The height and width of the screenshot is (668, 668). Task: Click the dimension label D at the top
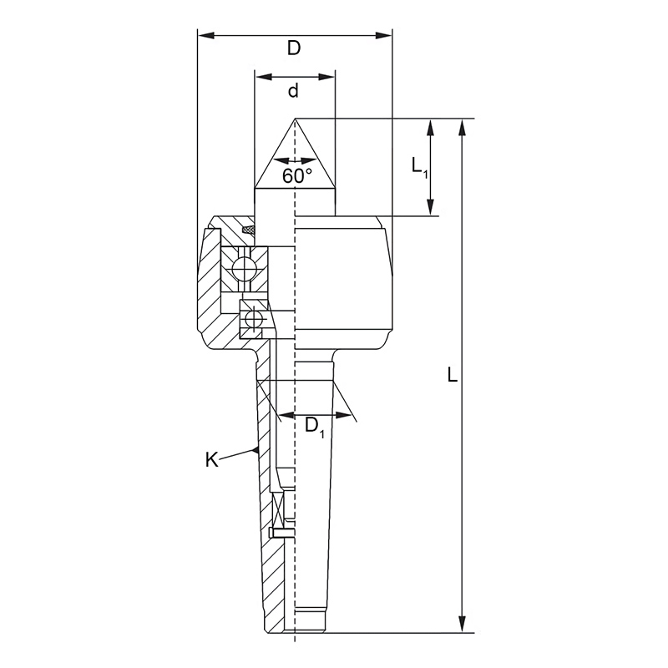[294, 48]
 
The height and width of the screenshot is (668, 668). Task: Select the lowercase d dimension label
[294, 91]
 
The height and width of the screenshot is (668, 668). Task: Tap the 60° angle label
[297, 176]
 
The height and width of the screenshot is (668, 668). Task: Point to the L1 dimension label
[419, 166]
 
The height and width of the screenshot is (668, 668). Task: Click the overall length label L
[453, 374]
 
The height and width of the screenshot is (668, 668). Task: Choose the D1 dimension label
[315, 427]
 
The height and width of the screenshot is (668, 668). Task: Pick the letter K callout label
[212, 460]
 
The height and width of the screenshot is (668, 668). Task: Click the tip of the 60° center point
[295, 119]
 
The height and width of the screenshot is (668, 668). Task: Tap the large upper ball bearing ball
[241, 269]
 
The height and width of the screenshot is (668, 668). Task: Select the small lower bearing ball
[252, 318]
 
